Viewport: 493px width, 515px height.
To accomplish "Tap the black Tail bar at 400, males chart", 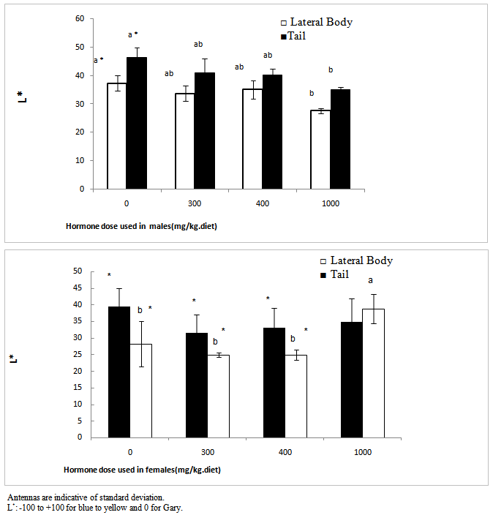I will coord(271,132).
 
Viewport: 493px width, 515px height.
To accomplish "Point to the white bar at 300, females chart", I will coord(217,396).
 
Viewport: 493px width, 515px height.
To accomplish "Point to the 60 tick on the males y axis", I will coord(80,18).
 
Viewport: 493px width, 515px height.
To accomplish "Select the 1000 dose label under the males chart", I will coord(331,203).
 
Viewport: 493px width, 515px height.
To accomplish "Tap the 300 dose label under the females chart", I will coord(207,453).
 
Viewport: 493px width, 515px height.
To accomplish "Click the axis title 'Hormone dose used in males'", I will coord(139,225).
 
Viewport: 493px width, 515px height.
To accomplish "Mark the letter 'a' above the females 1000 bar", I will coord(370,280).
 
